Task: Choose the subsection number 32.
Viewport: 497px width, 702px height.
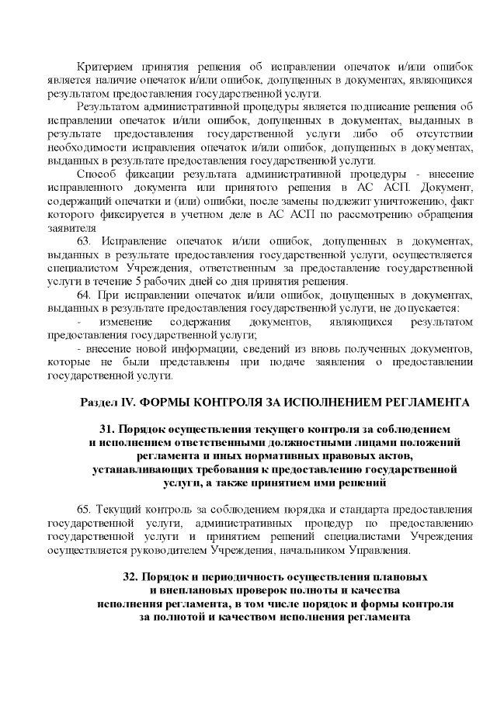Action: pyautogui.click(x=130, y=578)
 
